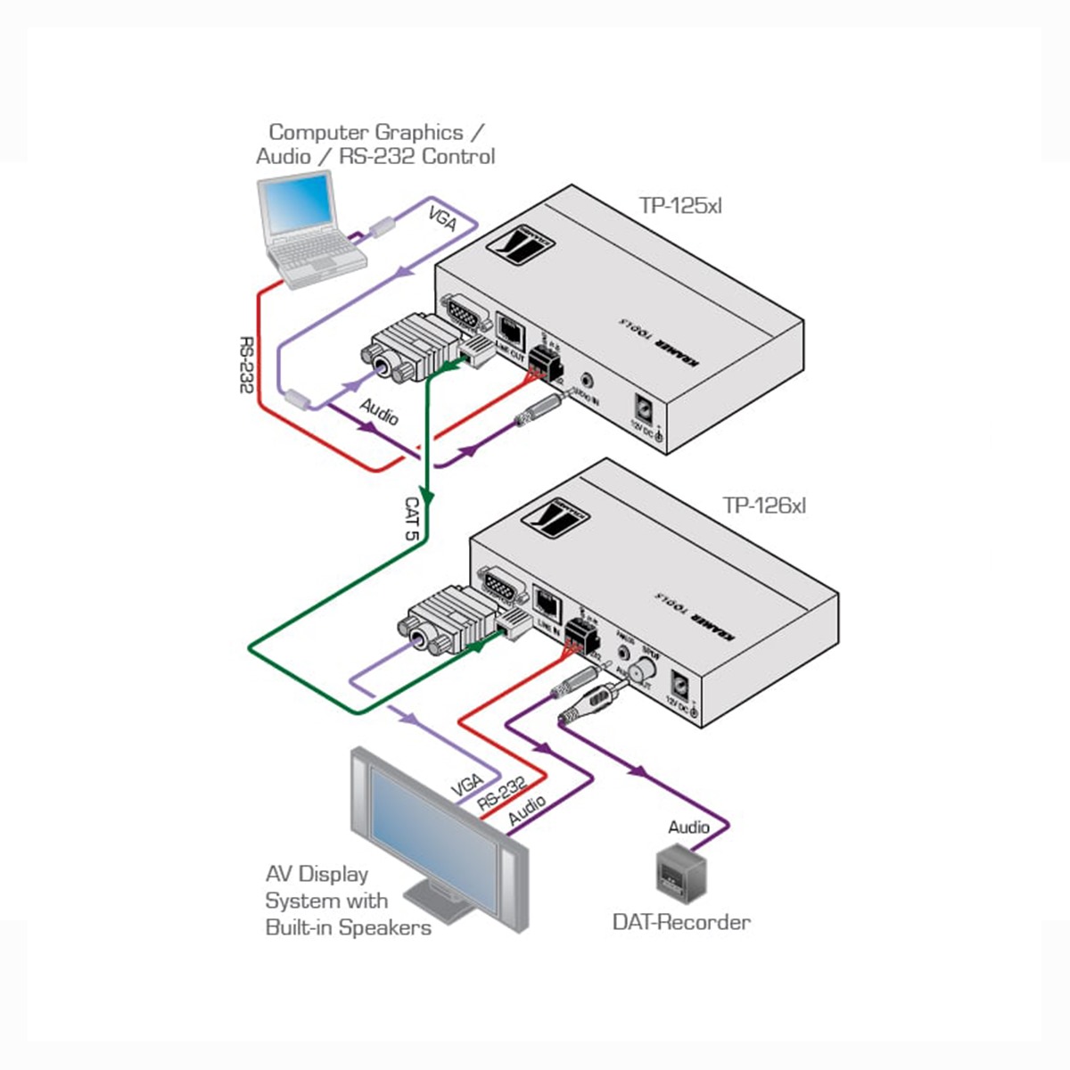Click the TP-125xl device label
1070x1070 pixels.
(x=680, y=206)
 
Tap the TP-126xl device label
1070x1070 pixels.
(x=764, y=506)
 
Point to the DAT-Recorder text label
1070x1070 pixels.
(x=681, y=922)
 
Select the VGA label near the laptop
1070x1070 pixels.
(x=442, y=218)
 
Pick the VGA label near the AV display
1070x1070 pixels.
(x=466, y=786)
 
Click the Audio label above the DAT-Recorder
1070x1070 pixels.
(x=689, y=827)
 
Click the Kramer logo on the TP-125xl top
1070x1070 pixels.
(x=518, y=241)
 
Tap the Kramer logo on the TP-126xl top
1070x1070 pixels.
(x=558, y=516)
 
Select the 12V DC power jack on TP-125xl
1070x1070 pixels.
(x=643, y=407)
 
